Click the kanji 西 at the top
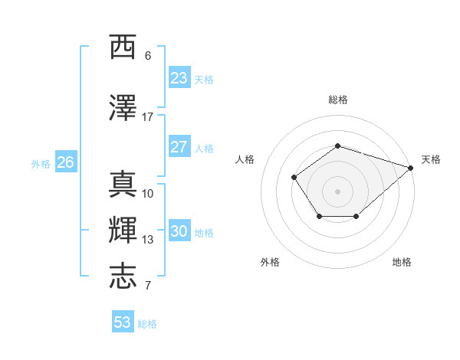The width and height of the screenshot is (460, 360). [123, 48]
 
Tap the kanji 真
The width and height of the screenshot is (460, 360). [123, 185]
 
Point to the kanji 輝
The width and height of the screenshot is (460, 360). [123, 231]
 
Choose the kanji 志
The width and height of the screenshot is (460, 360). [123, 277]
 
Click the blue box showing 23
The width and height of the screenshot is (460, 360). [179, 78]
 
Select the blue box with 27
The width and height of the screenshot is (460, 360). [179, 147]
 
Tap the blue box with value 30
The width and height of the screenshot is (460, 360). [179, 231]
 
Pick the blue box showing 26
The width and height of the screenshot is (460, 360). [66, 162]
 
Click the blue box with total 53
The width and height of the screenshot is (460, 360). [123, 322]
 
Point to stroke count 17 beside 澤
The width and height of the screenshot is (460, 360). [148, 117]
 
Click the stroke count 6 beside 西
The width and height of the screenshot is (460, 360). [148, 56]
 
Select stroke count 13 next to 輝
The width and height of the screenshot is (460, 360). [148, 240]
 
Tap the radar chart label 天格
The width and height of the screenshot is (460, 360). [431, 159]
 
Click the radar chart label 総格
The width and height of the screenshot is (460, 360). [337, 100]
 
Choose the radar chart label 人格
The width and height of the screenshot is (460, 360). [245, 159]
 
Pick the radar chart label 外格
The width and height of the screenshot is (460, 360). [270, 262]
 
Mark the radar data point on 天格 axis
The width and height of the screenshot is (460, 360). [412, 168]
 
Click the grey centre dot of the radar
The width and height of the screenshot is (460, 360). [337, 191]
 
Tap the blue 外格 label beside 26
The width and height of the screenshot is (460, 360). [40, 163]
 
